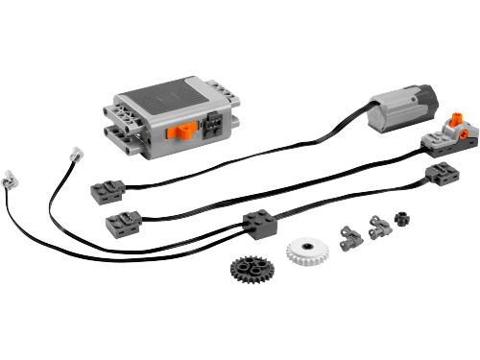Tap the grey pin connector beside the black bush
coord(378,228)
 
